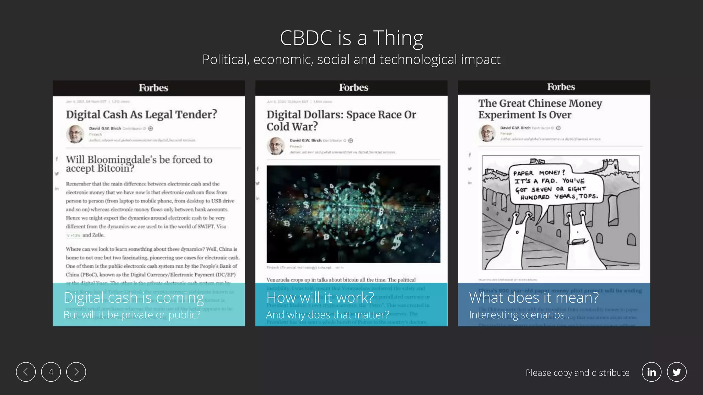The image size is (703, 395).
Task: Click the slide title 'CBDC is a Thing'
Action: (351, 38)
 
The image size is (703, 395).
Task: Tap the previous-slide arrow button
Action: (26, 372)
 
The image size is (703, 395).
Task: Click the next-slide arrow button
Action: (76, 372)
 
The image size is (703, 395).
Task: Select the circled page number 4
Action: (51, 372)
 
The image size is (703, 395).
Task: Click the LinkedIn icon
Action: (651, 372)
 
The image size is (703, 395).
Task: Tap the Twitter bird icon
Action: (677, 372)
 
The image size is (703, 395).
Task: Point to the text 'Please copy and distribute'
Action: (577, 373)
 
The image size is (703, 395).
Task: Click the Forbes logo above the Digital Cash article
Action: (153, 88)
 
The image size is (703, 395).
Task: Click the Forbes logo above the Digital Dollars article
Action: (354, 87)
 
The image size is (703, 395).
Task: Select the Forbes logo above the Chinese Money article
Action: (561, 87)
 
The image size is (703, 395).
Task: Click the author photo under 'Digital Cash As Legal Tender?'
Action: (75, 134)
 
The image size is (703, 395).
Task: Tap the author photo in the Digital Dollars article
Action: (276, 146)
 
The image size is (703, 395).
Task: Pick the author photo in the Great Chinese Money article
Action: (487, 133)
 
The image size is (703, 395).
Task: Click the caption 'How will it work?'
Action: (320, 298)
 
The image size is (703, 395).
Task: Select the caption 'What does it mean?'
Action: (534, 298)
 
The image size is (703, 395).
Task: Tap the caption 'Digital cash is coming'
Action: (134, 298)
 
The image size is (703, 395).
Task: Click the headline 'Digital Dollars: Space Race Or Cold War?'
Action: (341, 120)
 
